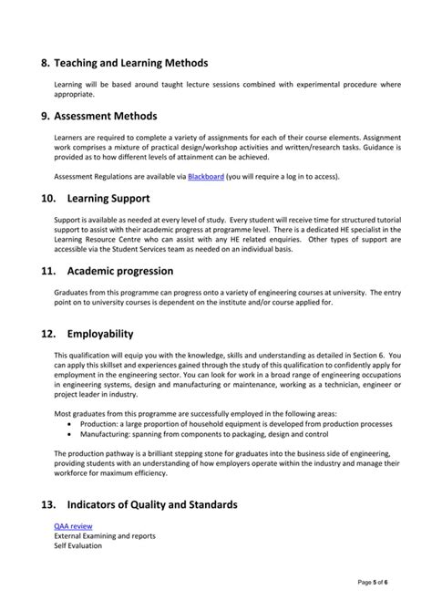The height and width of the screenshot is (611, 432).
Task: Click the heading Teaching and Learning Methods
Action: [x=130, y=64]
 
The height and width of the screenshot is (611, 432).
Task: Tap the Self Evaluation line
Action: [x=78, y=545]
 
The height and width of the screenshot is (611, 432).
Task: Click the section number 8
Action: [x=46, y=64]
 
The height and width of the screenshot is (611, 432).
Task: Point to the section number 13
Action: [x=48, y=504]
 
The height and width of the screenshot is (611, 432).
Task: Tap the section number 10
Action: [x=48, y=197]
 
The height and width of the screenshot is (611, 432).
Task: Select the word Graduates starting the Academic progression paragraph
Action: [x=71, y=294]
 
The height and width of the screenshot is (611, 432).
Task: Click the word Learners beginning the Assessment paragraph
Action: [x=69, y=139]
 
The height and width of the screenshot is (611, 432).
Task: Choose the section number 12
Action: [x=48, y=335]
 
